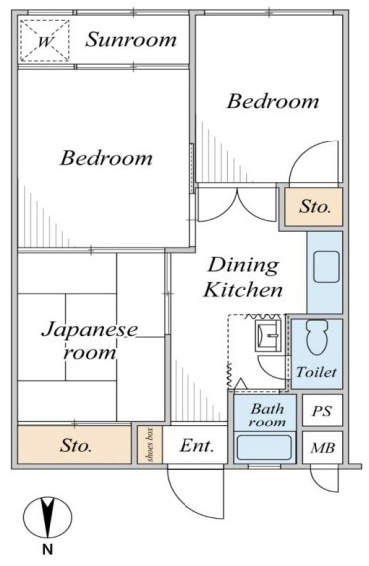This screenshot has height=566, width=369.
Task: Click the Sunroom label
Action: [x=131, y=40]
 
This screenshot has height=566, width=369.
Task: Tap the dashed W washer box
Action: [x=44, y=40]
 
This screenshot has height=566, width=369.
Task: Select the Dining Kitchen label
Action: [x=243, y=277]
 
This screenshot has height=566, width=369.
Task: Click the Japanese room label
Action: [x=90, y=341]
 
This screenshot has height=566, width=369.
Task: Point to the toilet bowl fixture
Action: [x=317, y=337]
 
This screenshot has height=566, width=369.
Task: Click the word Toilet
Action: [x=316, y=372]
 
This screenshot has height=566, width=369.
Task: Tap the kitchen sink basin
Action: [x=326, y=267]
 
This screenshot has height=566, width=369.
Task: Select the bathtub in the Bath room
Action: [x=264, y=448]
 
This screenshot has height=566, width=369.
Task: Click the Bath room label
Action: [x=267, y=416]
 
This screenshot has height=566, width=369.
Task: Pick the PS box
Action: [x=322, y=411]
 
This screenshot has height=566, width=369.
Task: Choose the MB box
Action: [x=322, y=448]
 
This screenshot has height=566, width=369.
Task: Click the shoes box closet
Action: [x=150, y=445]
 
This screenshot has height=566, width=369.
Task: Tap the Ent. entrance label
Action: [x=196, y=446]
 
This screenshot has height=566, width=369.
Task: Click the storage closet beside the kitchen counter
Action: [x=314, y=207]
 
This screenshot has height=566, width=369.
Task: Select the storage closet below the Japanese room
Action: [x=74, y=445]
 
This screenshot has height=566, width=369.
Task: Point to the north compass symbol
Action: [x=47, y=517]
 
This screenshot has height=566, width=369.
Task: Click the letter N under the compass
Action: [x=47, y=549]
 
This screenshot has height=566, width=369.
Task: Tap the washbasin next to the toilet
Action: [x=268, y=335]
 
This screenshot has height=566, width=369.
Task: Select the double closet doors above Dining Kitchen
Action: [x=237, y=204]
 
